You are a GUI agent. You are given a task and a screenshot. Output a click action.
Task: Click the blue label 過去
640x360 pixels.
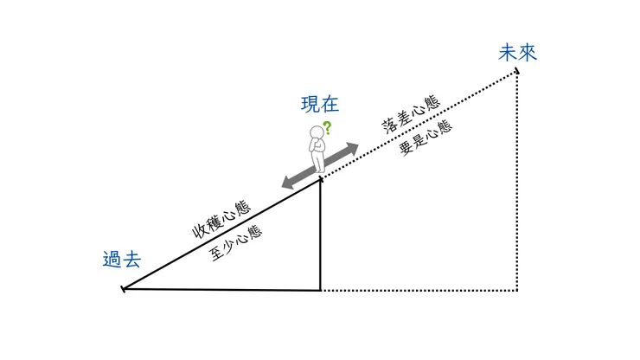point(121,260)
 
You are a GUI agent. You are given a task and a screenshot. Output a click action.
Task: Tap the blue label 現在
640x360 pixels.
point(319,106)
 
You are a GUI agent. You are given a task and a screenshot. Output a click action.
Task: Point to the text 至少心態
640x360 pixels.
point(236,242)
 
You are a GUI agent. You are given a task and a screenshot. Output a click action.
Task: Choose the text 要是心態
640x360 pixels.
point(426,137)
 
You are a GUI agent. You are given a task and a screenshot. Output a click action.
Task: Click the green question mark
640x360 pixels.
point(328,128)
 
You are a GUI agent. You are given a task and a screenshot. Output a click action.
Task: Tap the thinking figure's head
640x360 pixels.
point(317,134)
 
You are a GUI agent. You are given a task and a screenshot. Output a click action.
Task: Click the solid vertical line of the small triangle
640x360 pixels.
point(321,234)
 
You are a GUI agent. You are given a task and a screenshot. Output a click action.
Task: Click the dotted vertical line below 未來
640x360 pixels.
point(517,182)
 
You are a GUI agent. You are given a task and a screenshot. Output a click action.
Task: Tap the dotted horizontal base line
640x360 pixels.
point(419,291)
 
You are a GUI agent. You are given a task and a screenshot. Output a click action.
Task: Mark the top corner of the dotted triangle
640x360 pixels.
point(517,73)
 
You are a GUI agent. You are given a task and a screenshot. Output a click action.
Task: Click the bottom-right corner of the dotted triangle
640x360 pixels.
point(517,291)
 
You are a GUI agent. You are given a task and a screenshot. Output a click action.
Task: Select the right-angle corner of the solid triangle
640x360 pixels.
point(321,291)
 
